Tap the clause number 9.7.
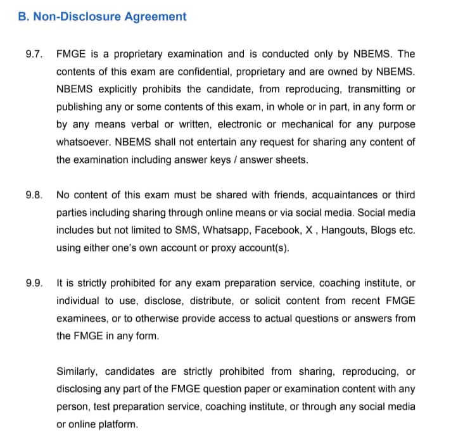tap(34, 54)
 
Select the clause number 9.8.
tap(34, 195)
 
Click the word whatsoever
tap(83, 142)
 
